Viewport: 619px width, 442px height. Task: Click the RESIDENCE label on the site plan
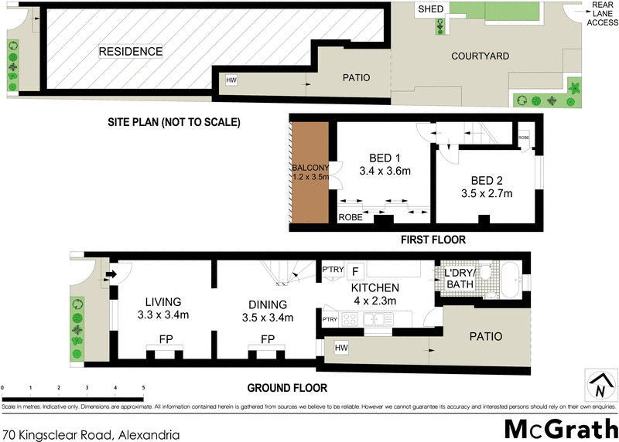coord(130,52)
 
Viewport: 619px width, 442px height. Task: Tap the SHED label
coord(430,9)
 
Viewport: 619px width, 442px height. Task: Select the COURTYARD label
coord(480,56)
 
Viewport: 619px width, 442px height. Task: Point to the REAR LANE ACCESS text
coord(602,13)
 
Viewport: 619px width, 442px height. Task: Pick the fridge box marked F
coord(355,271)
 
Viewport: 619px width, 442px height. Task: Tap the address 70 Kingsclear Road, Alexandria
coord(91,434)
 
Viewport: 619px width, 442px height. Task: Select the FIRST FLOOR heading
coord(433,240)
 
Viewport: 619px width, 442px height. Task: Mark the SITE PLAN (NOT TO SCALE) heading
coord(174,122)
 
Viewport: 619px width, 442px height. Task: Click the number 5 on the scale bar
coord(143,386)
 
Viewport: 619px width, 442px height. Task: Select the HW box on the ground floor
coord(341,349)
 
